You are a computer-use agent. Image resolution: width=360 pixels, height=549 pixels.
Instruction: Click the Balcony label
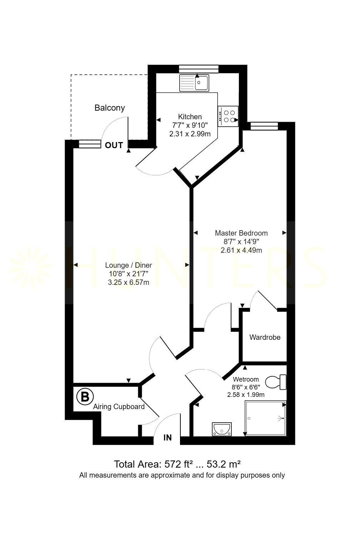point(110,108)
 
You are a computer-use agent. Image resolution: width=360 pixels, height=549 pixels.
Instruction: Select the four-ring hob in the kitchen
point(228,116)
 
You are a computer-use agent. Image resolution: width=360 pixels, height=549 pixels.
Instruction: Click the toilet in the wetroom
point(276,382)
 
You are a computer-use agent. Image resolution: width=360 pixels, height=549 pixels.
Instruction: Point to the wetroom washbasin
point(222,429)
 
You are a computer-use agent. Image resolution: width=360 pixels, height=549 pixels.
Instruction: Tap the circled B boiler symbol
point(85,397)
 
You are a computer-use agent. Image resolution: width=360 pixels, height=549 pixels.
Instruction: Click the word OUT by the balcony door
point(114,145)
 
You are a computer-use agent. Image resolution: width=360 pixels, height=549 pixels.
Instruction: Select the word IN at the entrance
point(167,438)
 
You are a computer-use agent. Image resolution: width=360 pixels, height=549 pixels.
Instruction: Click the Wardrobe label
point(265,337)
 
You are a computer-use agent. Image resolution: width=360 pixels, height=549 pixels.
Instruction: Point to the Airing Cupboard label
point(119,407)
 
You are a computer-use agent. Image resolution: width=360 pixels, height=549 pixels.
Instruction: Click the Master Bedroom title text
point(241,233)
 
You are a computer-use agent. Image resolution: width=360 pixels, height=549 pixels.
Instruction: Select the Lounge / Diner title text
point(129,265)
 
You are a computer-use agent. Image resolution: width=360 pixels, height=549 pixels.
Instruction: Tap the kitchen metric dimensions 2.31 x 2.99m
point(190,134)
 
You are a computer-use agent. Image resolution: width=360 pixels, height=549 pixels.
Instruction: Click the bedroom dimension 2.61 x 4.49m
point(241,250)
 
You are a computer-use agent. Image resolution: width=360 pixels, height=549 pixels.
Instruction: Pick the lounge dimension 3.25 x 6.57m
point(129,282)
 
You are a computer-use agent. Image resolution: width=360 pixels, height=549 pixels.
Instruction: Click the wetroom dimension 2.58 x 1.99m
point(246,395)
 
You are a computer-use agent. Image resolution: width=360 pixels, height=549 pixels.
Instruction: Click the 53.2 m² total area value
point(224,464)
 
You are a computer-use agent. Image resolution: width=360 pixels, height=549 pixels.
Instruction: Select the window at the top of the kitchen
point(199,69)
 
